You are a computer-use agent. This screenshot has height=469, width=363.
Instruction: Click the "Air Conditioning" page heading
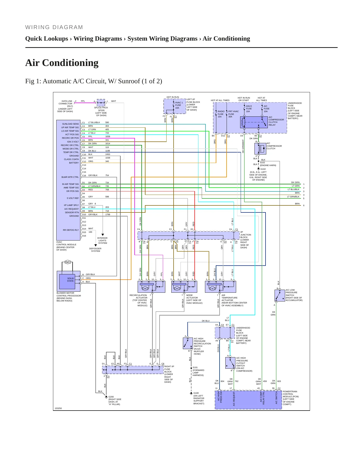(62, 63)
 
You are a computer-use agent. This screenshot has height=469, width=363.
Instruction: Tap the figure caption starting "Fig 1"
(94, 81)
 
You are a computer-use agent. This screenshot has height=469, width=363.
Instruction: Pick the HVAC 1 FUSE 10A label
(179, 105)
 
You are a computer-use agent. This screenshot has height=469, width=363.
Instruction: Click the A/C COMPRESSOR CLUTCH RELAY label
(276, 121)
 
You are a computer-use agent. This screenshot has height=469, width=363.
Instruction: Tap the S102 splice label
(262, 163)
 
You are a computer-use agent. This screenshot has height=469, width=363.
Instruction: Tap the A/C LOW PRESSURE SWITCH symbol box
(280, 296)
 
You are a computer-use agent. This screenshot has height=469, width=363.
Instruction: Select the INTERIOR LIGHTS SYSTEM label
(102, 241)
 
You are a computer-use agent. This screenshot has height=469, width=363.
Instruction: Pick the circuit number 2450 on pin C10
(108, 154)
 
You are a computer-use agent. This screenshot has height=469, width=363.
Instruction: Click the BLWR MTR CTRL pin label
(70, 177)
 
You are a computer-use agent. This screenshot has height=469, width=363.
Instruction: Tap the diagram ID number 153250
(58, 408)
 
